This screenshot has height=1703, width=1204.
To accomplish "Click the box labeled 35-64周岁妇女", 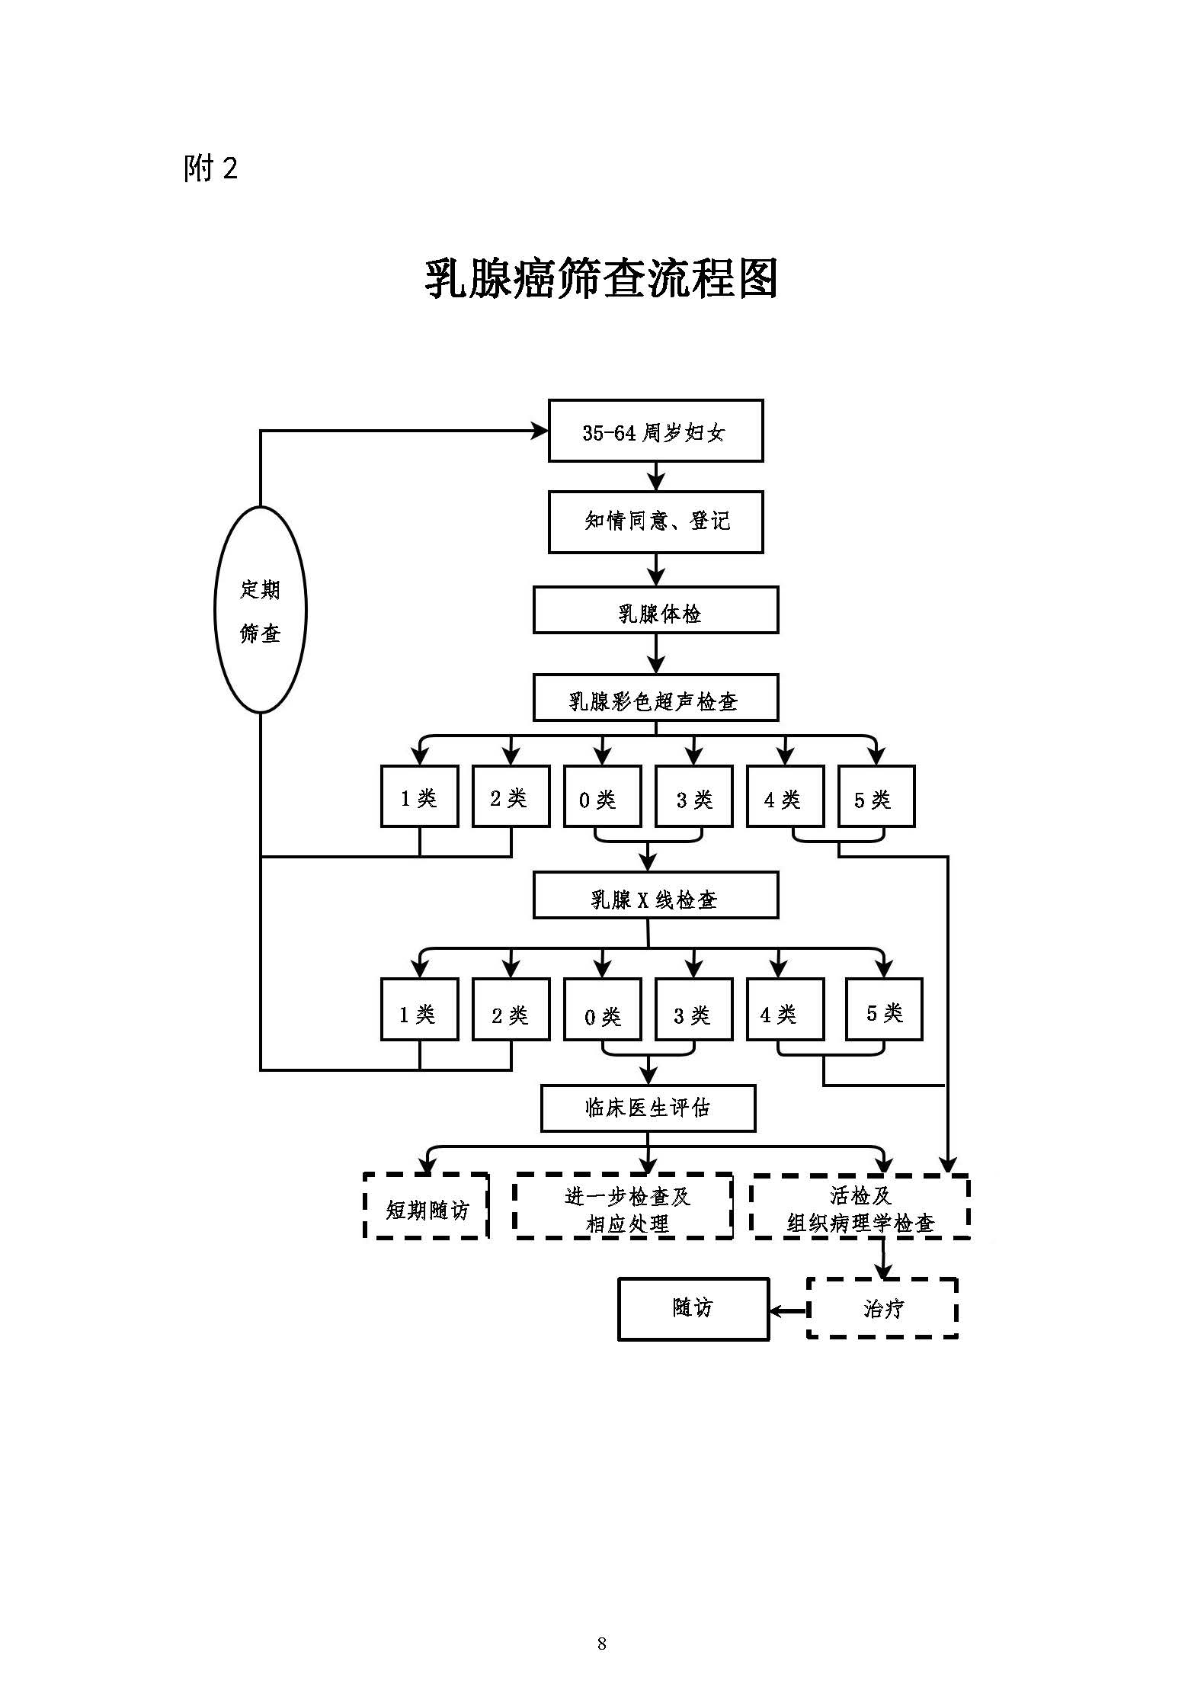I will click(655, 431).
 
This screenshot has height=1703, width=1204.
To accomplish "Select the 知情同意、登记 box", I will click(655, 521).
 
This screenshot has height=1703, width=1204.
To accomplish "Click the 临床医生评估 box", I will click(648, 1108).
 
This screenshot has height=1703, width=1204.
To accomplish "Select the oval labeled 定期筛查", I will click(261, 610).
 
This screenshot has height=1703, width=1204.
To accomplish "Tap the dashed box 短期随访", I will click(426, 1206).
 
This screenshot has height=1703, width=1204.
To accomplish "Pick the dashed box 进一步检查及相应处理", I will click(623, 1206).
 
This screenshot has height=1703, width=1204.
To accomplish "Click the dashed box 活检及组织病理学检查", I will click(860, 1206).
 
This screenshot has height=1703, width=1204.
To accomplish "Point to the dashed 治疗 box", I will click(882, 1308).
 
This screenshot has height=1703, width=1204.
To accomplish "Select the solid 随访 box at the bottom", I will click(693, 1309).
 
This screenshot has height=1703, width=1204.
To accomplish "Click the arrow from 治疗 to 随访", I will click(788, 1311).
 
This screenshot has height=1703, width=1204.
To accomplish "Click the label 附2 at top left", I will click(210, 168).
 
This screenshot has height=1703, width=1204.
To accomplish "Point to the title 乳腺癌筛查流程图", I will click(601, 279).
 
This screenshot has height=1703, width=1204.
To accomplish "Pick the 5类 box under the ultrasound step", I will click(876, 797).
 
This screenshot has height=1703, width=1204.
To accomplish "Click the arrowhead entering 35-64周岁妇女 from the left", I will click(540, 431).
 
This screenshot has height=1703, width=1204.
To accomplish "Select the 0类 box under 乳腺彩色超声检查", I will click(602, 797).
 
